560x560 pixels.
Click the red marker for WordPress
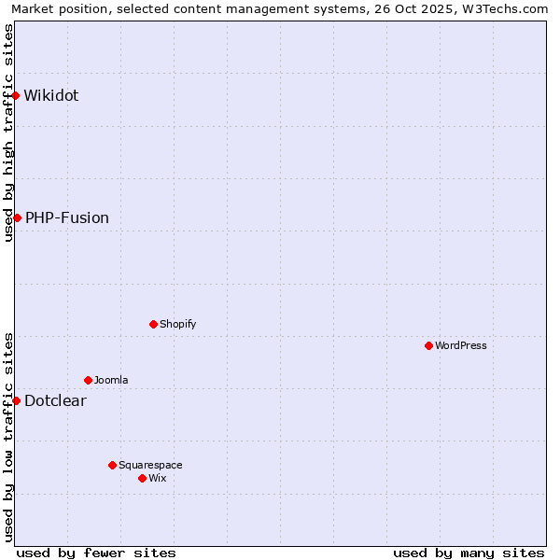[428, 345]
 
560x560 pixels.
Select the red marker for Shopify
[153, 324]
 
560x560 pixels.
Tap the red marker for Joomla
[88, 380]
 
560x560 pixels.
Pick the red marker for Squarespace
[112, 465]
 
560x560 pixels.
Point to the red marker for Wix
[142, 478]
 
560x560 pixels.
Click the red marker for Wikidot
[16, 95]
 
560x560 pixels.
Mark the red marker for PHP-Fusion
[17, 217]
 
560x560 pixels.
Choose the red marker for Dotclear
[16, 400]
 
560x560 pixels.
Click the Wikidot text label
[51, 95]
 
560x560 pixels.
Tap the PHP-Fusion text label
[67, 217]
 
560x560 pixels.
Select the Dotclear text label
[55, 400]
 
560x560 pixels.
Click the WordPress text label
[461, 345]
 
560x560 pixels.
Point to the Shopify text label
[177, 324]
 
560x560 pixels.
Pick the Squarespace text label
[150, 465]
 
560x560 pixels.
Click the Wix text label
[157, 478]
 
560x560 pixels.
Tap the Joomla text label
[111, 380]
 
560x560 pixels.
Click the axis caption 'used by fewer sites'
[96, 553]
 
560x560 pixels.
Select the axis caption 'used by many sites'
[469, 553]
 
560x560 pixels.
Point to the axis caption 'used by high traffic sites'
[8, 133]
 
